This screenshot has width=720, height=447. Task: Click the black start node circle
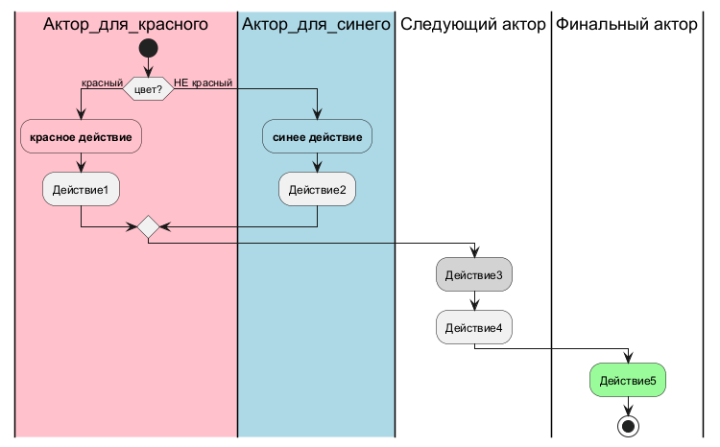tap(148, 47)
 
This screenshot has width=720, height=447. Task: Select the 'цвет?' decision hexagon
tap(148, 88)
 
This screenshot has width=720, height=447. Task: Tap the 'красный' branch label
tap(102, 82)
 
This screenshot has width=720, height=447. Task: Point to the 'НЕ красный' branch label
tap(204, 82)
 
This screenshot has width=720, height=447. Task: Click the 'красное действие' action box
tap(81, 137)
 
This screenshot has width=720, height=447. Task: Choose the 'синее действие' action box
tap(317, 137)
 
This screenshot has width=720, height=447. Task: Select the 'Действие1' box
tap(81, 189)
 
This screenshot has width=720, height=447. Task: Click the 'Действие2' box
tap(317, 189)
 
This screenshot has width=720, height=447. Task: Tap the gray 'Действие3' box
tap(474, 276)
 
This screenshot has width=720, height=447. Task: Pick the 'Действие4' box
tap(474, 328)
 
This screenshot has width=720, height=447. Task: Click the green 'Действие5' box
tap(627, 382)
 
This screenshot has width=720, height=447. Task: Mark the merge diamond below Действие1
tap(148, 227)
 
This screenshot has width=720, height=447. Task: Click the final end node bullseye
tap(627, 424)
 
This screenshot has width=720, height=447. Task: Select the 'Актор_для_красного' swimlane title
tap(126, 25)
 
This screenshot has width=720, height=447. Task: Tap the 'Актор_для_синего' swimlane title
tap(317, 25)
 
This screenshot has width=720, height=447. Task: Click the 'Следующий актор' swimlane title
tap(473, 25)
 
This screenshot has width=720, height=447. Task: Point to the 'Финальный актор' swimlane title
tap(627, 25)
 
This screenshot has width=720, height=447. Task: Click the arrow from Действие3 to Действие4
tap(474, 302)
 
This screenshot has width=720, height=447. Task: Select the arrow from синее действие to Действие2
tap(317, 162)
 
